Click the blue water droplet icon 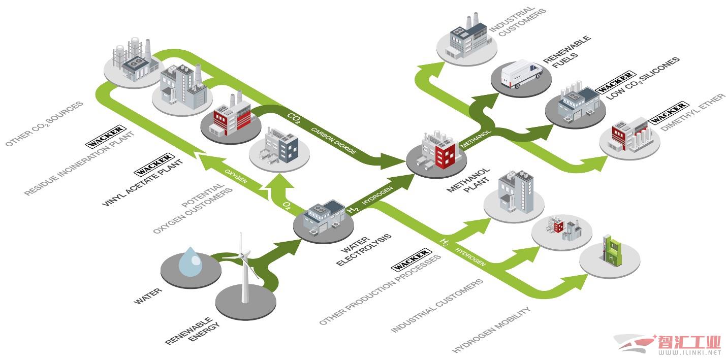coord(191,262)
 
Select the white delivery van coord(521,74)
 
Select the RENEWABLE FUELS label coord(567,52)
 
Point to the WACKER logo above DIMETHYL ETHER coord(668,112)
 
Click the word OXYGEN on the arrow coord(236,176)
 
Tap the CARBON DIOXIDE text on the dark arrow coord(334,141)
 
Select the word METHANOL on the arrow coord(476,139)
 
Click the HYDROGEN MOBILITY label coord(491,329)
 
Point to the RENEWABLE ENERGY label coord(193,331)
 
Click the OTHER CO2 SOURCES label coord(44,123)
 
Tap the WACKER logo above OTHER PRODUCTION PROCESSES coord(411,260)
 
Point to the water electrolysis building coord(324,218)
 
